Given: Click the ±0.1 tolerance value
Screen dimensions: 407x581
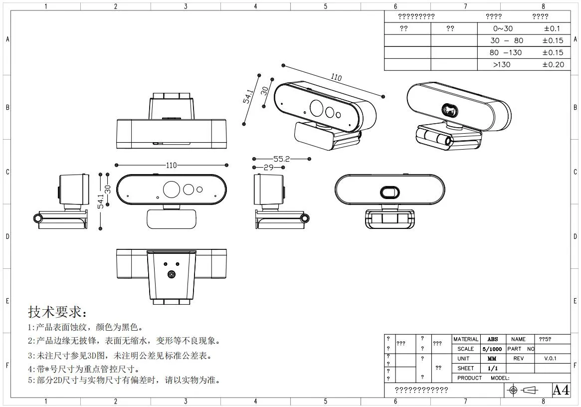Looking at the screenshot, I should point(553,29).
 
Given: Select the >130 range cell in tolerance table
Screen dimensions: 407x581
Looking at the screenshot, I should point(501,64).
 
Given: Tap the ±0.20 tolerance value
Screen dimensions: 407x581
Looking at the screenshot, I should point(553,64).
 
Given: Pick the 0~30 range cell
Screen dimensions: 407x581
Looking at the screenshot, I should point(503,29).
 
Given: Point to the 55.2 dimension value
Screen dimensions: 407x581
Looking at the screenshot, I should point(281,159).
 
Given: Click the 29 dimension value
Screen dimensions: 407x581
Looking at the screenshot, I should point(268,168).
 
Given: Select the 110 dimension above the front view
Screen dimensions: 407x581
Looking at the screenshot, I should point(171,165).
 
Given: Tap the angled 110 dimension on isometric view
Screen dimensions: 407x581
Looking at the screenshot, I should point(336,78).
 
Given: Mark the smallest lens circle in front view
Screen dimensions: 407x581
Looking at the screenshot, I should point(200,190).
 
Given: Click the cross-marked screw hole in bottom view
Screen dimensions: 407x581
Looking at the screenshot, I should point(172,274).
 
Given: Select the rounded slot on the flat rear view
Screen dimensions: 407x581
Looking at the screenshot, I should point(389,192).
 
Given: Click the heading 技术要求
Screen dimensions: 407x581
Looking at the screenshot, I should point(57,313).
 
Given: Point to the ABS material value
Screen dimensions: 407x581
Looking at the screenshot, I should point(492,339).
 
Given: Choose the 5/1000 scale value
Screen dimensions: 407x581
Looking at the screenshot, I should point(492,349).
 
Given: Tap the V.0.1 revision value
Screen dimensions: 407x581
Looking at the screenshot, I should point(550,359).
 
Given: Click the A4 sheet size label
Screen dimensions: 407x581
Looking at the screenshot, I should point(561,390).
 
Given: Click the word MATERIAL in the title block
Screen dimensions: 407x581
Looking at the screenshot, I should point(466,339).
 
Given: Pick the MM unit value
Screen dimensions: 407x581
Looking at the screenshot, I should point(492,359).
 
